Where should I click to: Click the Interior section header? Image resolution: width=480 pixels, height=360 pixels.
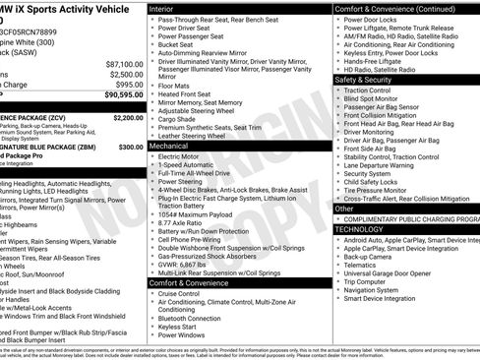(162, 8)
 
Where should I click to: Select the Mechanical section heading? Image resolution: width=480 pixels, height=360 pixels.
(170, 145)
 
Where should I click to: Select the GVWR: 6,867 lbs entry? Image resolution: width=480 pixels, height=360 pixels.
(188, 265)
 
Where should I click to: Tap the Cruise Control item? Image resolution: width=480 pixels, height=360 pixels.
(179, 293)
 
